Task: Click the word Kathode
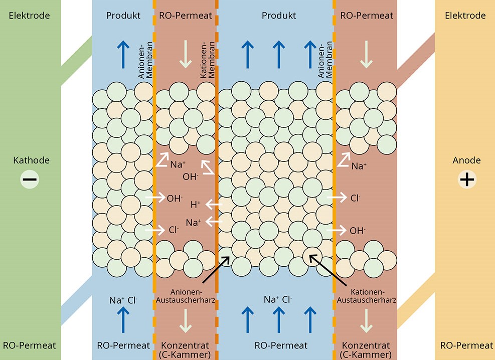click(x=31, y=160)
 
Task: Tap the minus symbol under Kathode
click(x=30, y=179)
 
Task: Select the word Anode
click(x=466, y=160)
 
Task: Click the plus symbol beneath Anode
click(x=467, y=179)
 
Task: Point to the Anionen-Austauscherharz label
click(x=186, y=296)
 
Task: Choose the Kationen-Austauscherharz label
click(x=367, y=296)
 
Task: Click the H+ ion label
click(x=196, y=205)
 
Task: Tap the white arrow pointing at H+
click(x=214, y=205)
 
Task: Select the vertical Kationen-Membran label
click(x=208, y=60)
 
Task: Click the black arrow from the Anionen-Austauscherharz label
click(x=216, y=269)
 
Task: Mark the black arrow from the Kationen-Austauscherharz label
click(x=328, y=270)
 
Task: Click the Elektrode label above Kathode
click(x=30, y=16)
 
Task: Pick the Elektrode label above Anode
click(x=465, y=16)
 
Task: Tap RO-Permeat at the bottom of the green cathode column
click(x=30, y=345)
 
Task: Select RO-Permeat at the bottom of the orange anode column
click(x=466, y=345)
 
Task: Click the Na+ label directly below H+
click(x=194, y=223)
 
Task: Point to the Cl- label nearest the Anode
click(x=355, y=198)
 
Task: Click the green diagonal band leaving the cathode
click(x=76, y=60)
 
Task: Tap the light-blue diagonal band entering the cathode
click(x=76, y=300)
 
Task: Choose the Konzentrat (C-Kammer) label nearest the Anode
click(x=366, y=350)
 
